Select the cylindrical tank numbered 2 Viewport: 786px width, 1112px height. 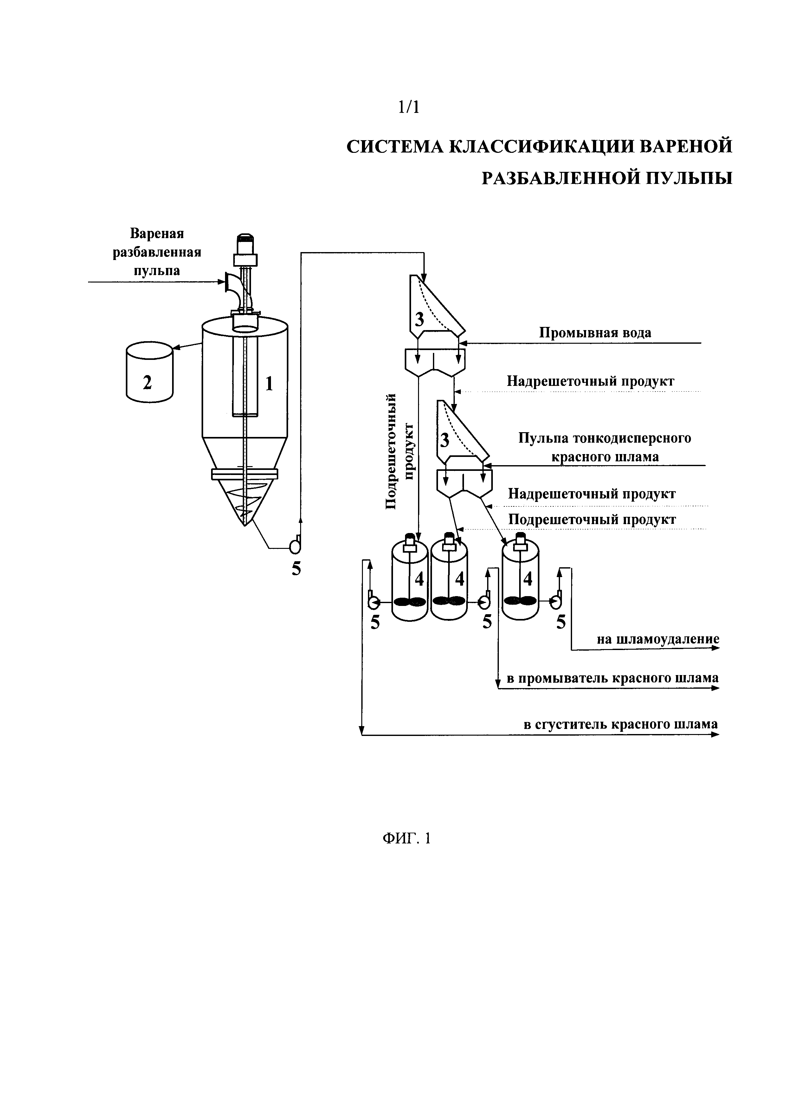149,372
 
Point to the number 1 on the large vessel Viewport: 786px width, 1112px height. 269,384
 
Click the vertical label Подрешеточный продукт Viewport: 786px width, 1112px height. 399,451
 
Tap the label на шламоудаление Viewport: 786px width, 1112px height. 658,639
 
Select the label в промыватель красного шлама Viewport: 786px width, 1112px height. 612,678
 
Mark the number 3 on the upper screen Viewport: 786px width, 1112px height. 419,320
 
